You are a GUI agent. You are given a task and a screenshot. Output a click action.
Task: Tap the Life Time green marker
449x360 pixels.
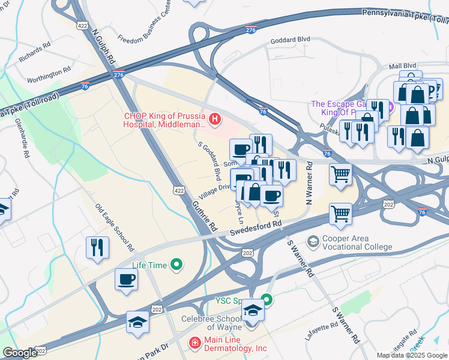click(176, 264)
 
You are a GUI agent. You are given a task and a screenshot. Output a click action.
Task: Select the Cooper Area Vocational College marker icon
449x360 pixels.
click(313, 242)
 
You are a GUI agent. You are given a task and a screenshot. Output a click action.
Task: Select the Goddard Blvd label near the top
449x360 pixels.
click(290, 39)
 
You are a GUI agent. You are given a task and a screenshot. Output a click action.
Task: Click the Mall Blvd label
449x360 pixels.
click(402, 65)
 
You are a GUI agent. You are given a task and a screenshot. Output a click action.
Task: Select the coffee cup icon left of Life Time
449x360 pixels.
click(126, 280)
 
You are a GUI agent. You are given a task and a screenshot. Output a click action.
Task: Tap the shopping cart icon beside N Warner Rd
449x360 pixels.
click(340, 175)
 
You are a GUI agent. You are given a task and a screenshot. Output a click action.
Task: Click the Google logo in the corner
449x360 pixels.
click(20, 353)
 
